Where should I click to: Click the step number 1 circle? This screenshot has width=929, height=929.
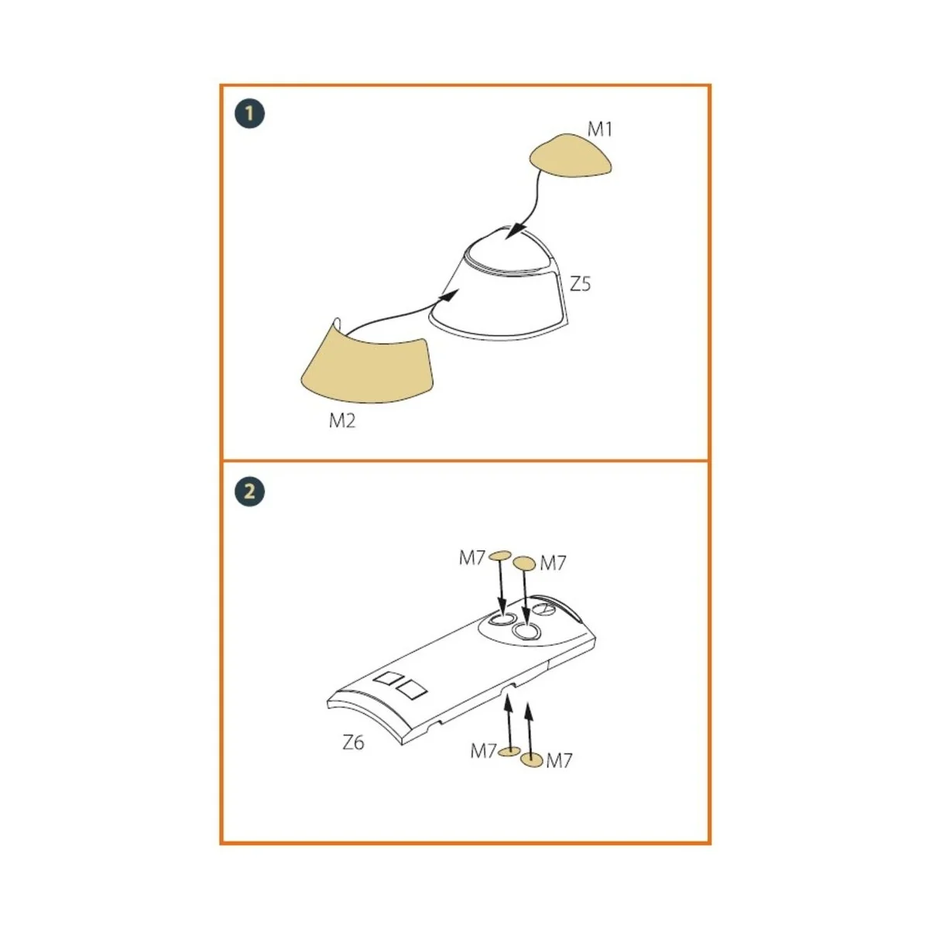(x=249, y=115)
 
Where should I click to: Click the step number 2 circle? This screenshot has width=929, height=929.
(x=249, y=492)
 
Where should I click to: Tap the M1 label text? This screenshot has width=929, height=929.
(x=599, y=129)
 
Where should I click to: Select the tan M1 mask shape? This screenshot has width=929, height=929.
(x=570, y=158)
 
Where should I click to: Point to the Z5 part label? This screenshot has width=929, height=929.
(x=580, y=284)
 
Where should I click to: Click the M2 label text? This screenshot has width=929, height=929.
(x=342, y=421)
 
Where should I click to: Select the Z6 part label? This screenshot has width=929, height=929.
(x=353, y=742)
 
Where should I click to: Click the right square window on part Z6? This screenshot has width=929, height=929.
(x=412, y=688)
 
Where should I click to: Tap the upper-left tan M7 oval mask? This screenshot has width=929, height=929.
(x=501, y=554)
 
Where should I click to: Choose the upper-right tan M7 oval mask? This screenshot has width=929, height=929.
(x=525, y=563)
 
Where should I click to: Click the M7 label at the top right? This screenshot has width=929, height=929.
(x=554, y=564)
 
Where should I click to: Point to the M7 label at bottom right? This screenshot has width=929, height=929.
(x=559, y=761)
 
